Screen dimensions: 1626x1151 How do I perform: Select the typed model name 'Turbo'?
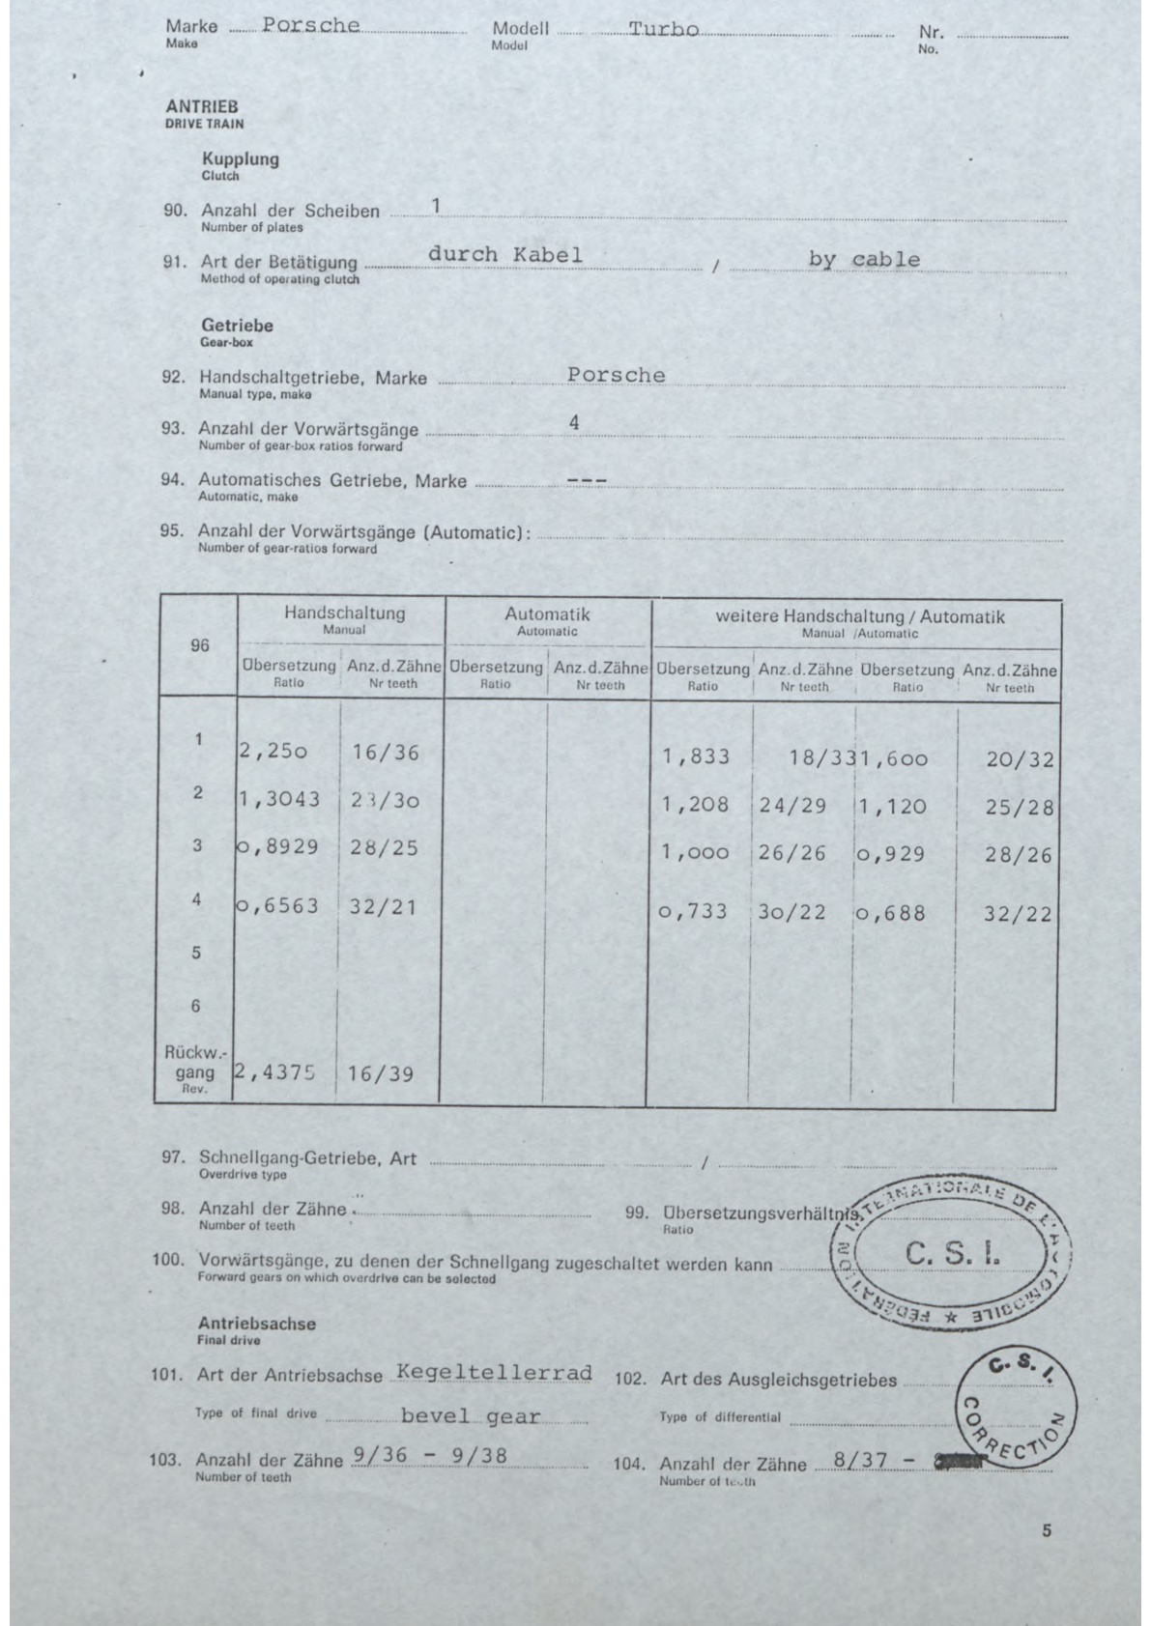click(663, 29)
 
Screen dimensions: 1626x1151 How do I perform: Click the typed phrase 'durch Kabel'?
click(504, 254)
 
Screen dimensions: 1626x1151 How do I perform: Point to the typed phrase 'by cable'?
click(864, 259)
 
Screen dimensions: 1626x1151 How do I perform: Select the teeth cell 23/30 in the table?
click(386, 800)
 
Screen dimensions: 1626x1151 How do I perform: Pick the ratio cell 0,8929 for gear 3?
click(278, 846)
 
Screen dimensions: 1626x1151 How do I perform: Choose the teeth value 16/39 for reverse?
click(381, 1073)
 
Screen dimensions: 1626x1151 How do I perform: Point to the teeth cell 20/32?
click(1020, 759)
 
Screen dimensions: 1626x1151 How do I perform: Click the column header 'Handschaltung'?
click(344, 613)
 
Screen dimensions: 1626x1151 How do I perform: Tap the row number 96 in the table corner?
click(199, 645)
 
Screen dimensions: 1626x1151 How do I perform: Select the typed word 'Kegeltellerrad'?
click(493, 1373)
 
